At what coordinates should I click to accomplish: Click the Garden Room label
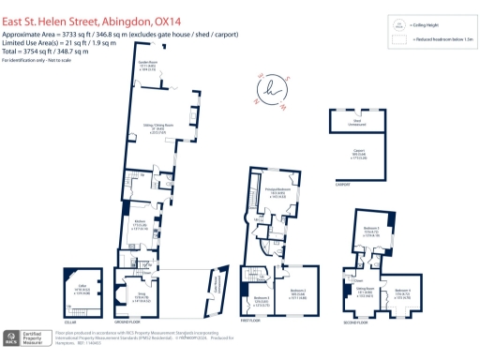point(148,66)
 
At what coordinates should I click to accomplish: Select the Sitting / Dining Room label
point(153,129)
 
